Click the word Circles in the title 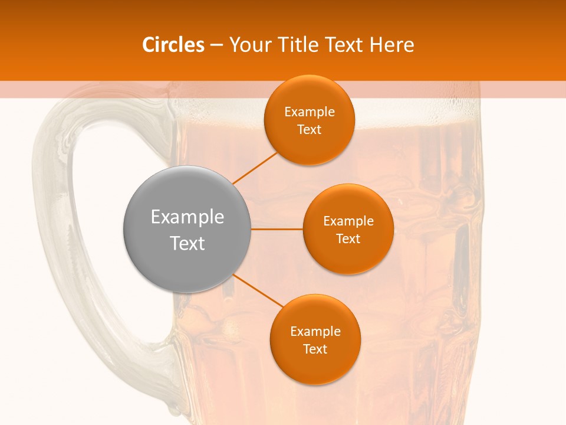tap(173, 45)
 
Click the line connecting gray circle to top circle tap(255, 168)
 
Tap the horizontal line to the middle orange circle tap(277, 229)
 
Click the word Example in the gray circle tap(187, 217)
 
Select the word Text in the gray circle tap(187, 243)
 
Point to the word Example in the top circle tap(309, 112)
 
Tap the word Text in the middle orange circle tap(348, 238)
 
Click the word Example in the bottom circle tap(315, 332)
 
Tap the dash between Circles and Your tap(216, 45)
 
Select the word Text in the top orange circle tap(309, 130)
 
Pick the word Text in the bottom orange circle tap(315, 349)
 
